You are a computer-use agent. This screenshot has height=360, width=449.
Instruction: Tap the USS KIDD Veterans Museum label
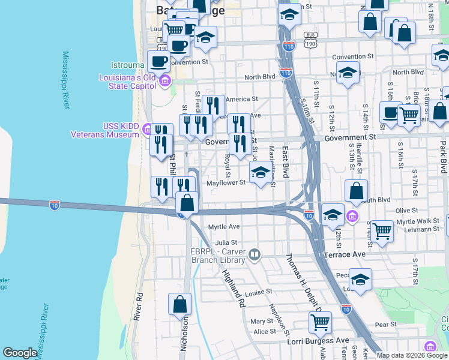[108, 130]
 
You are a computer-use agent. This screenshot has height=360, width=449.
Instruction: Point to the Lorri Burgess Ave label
[318, 341]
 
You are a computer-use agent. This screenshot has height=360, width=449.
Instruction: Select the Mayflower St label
[226, 183]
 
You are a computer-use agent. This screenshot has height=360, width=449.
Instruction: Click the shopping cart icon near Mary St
[320, 322]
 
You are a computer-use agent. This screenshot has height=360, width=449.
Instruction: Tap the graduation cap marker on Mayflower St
[260, 173]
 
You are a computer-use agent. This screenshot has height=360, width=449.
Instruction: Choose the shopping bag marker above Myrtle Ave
[187, 203]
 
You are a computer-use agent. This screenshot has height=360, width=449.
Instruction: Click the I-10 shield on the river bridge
[55, 205]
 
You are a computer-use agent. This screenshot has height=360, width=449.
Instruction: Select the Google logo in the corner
[20, 353]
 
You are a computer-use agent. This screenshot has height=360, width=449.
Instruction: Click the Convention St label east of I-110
[354, 57]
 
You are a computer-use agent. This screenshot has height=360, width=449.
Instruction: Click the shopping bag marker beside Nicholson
[179, 304]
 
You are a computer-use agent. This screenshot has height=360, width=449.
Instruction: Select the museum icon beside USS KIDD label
[148, 128]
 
